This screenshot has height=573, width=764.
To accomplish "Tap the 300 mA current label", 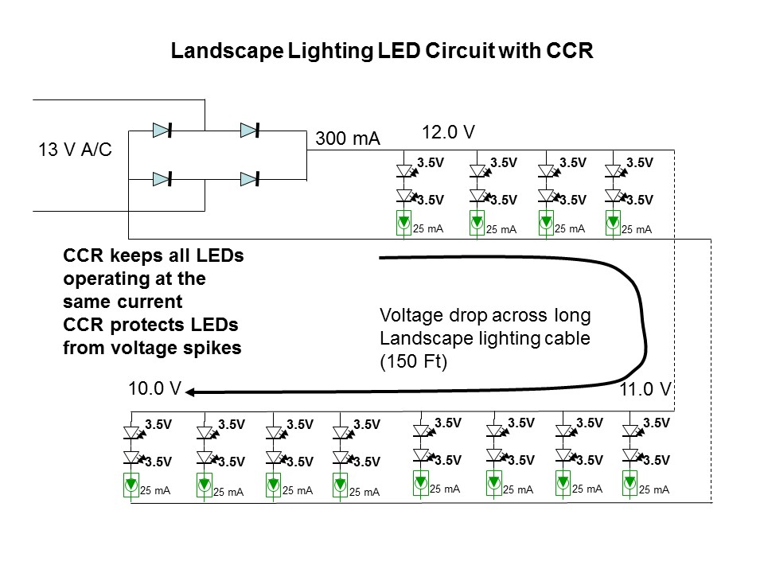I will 348,138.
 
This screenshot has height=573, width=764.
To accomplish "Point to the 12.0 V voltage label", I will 448,131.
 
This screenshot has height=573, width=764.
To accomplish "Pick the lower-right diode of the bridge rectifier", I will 251,177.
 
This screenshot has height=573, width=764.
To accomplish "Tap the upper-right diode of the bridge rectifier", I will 251,130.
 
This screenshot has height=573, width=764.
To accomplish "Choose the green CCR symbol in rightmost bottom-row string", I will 630,482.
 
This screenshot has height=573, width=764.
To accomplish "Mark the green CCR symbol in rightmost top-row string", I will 613,224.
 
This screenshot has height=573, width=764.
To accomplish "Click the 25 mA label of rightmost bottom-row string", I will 653,490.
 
